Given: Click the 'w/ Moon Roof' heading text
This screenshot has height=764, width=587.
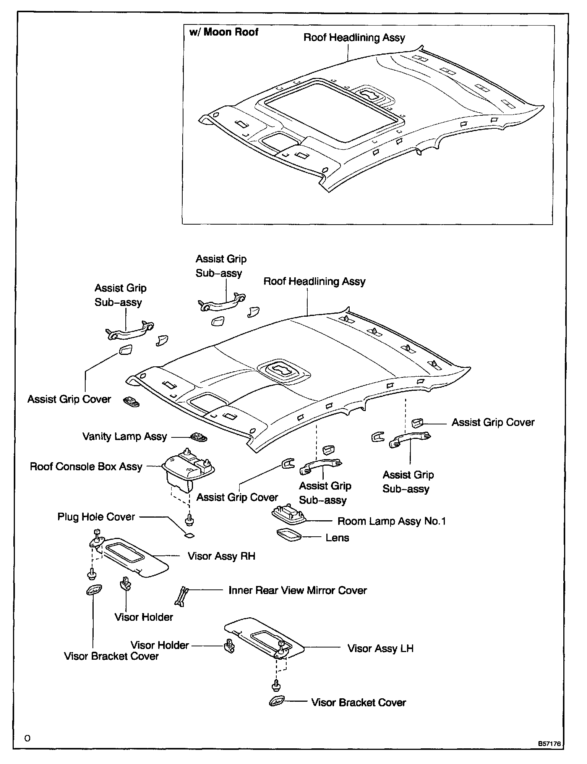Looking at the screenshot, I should [x=224, y=32].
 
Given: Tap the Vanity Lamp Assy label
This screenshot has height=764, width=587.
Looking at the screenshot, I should [x=125, y=436].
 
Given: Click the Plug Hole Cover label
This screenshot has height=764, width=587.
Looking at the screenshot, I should [x=96, y=517].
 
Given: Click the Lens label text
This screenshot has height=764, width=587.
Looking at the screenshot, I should [x=337, y=538].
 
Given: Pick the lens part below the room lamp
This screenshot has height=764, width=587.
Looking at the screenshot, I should [x=289, y=535].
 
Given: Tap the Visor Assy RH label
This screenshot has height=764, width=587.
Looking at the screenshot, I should [x=221, y=556].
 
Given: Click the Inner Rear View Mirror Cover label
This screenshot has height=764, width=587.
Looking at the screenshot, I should [x=297, y=590].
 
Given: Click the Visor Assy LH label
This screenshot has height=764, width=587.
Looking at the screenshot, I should [x=380, y=648].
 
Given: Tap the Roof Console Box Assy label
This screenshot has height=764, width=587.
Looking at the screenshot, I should [x=86, y=466].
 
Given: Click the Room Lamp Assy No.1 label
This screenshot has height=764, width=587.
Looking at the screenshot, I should [x=391, y=521].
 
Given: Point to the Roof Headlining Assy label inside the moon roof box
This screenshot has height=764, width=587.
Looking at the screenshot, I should [x=354, y=37].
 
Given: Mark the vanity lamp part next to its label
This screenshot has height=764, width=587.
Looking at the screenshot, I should [x=199, y=437].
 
